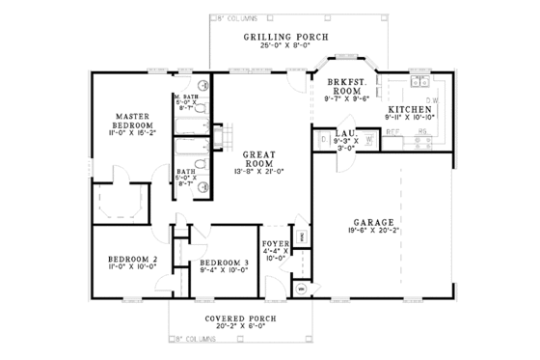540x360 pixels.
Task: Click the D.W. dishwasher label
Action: [x=433, y=100]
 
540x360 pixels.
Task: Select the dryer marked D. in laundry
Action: [x=323, y=141]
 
